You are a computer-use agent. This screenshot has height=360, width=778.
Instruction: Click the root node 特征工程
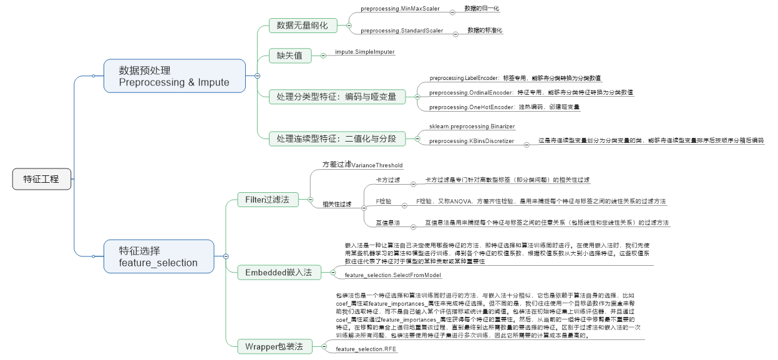tap(42, 179)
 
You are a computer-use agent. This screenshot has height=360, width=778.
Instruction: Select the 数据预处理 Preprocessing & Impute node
tap(175, 75)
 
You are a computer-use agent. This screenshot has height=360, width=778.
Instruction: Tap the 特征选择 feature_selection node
tap(158, 256)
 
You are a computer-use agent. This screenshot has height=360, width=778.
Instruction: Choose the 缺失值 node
tap(289, 56)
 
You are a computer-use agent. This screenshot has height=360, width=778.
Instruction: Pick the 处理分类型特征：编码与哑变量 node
tap(337, 97)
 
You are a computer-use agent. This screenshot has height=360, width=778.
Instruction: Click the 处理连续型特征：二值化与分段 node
tap(337, 139)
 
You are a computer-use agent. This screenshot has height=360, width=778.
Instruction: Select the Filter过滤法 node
tap(267, 200)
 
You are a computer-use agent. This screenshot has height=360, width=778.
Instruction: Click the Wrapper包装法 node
tap(274, 346)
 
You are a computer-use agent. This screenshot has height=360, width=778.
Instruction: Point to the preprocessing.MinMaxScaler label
tap(400, 9)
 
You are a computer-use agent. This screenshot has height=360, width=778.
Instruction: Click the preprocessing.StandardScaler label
tap(402, 31)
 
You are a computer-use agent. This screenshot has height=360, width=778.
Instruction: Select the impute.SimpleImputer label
tap(364, 52)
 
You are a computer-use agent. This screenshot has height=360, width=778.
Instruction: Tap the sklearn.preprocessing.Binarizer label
tap(472, 127)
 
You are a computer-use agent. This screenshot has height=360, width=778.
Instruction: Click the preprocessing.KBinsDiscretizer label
tap(471, 141)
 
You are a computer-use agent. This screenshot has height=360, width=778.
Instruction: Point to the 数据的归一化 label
tap(482, 9)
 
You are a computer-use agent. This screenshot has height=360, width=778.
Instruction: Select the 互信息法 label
tap(387, 222)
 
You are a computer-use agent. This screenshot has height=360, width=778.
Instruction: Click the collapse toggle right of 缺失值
tap(323, 56)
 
